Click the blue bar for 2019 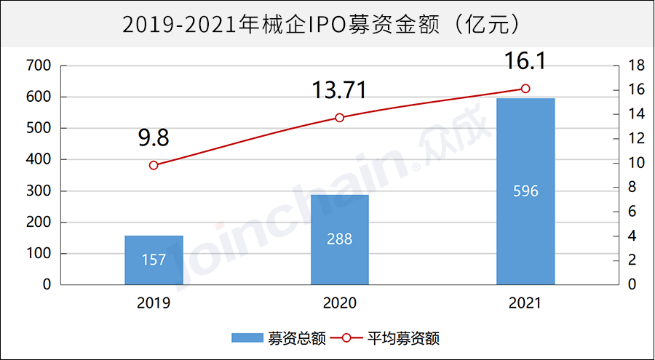[x=154, y=260]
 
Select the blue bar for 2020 [x=340, y=240]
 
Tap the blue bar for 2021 [x=525, y=191]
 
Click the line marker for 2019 [x=154, y=165]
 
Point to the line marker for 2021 [x=525, y=89]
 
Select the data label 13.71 [x=339, y=90]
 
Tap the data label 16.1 [x=525, y=62]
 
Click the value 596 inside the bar [x=525, y=191]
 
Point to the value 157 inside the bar [x=154, y=260]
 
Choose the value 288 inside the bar [x=340, y=239]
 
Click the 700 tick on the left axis [x=37, y=65]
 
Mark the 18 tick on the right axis [x=635, y=65]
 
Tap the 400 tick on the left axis [x=37, y=159]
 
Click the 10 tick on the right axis [x=635, y=163]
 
